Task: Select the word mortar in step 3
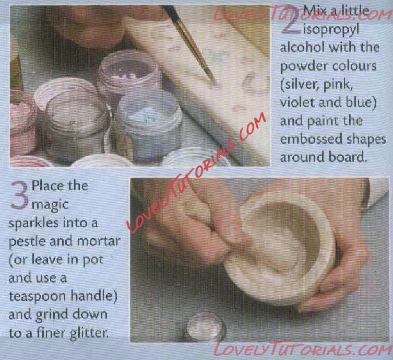click(99, 241)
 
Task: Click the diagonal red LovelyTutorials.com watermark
click(197, 172)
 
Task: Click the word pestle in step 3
click(27, 241)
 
